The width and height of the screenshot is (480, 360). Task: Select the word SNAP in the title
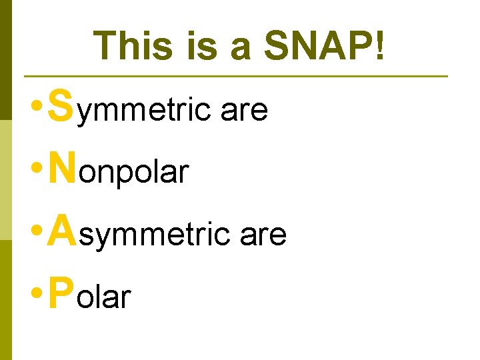pyautogui.click(x=317, y=46)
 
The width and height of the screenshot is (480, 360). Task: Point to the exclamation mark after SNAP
pyautogui.click(x=379, y=46)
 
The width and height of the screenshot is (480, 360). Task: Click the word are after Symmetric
pyautogui.click(x=244, y=111)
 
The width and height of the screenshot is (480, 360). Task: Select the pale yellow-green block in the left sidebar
pyautogui.click(x=6, y=180)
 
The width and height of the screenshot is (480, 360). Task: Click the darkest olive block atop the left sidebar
pyautogui.click(x=6, y=60)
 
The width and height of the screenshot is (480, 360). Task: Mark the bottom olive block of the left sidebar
pyautogui.click(x=6, y=300)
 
